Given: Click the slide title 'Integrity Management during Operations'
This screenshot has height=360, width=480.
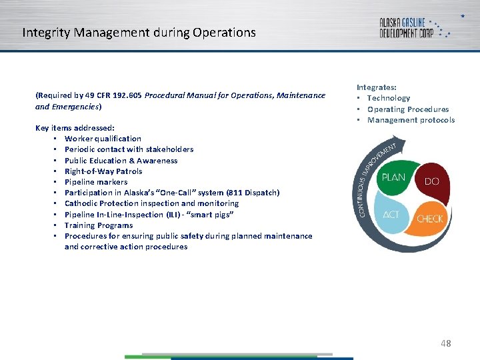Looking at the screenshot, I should pyautogui.click(x=139, y=32).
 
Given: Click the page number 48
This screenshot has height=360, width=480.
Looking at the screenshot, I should pyautogui.click(x=445, y=343).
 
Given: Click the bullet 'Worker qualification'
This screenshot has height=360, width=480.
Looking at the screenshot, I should pyautogui.click(x=103, y=139).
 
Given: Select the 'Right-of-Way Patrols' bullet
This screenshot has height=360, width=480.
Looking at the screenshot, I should pyautogui.click(x=103, y=171).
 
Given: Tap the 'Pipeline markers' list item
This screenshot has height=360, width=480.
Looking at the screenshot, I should pyautogui.click(x=96, y=182).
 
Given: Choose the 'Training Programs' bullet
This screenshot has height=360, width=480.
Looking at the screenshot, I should pyautogui.click(x=99, y=225).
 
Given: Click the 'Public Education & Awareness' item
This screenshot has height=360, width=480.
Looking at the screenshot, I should pyautogui.click(x=121, y=161).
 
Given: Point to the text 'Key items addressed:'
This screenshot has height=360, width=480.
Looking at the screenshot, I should pyautogui.click(x=75, y=127).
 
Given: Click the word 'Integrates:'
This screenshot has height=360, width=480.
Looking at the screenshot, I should pyautogui.click(x=377, y=87).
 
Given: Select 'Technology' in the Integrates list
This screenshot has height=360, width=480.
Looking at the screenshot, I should pyautogui.click(x=389, y=98).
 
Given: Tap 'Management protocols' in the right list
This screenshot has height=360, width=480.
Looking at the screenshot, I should pyautogui.click(x=411, y=120).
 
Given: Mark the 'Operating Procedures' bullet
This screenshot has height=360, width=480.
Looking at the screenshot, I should pyautogui.click(x=408, y=109).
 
